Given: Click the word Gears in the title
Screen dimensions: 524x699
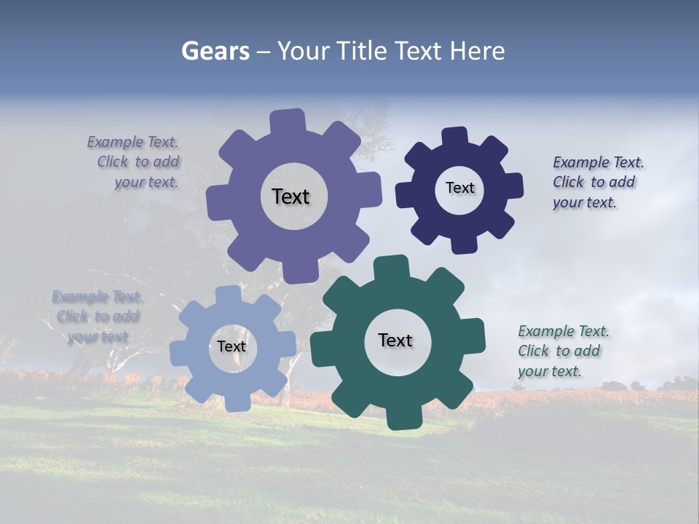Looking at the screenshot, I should tap(215, 51).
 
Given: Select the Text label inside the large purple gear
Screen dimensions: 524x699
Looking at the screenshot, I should tap(291, 196).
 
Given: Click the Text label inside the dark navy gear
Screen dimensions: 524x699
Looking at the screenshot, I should tap(459, 188).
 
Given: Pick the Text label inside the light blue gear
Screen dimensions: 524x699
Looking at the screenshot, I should tap(232, 346).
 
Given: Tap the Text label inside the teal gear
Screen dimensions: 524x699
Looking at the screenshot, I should tap(395, 340).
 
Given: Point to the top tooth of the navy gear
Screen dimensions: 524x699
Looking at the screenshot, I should tap(455, 136).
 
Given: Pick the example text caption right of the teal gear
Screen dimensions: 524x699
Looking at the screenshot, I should tap(563, 351).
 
